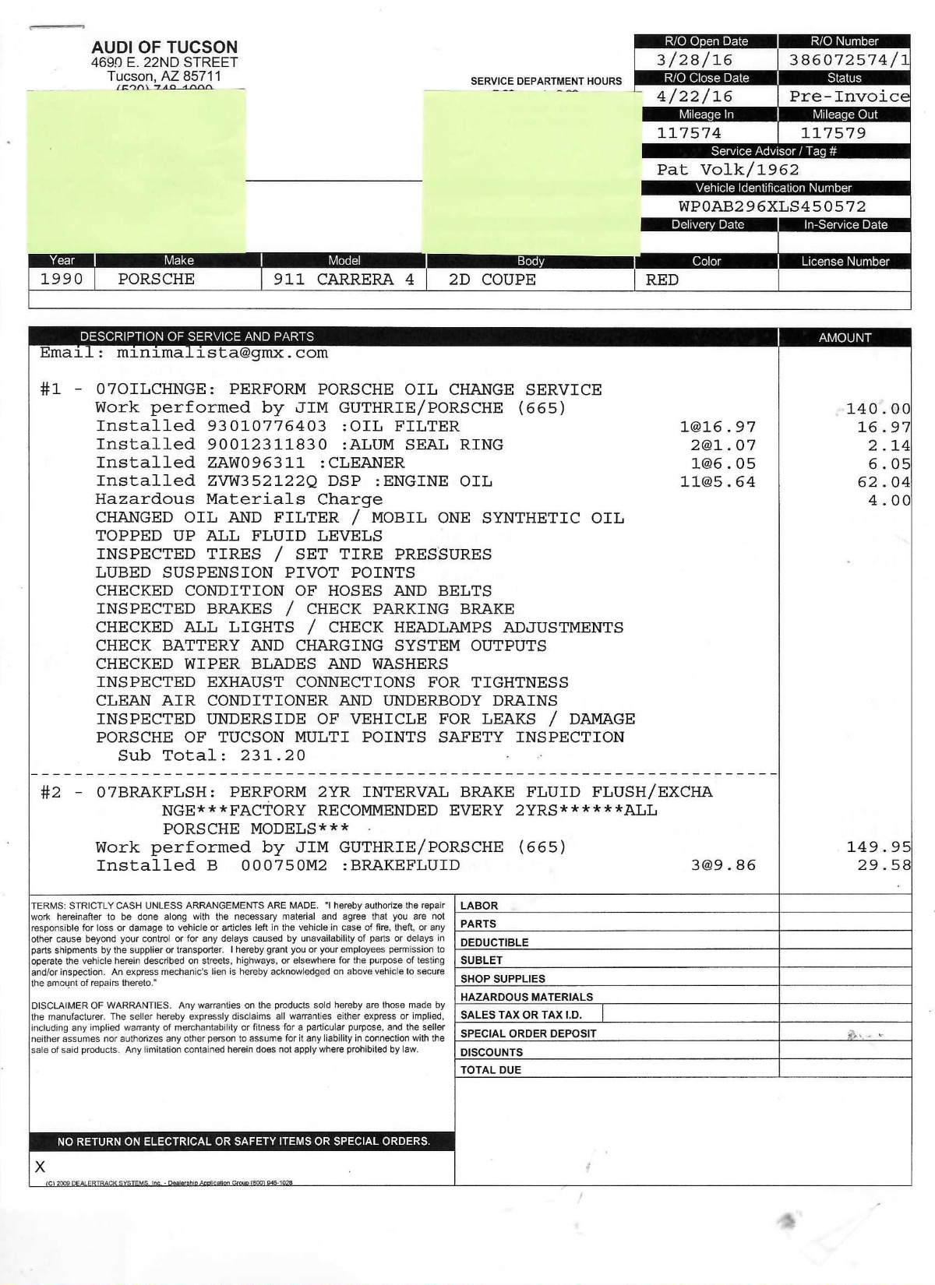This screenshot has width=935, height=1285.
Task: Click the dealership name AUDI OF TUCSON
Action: (164, 47)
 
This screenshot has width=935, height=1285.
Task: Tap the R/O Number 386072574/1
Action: (849, 60)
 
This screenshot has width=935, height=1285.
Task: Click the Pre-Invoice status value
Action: (849, 97)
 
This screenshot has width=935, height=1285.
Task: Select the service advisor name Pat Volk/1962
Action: (728, 170)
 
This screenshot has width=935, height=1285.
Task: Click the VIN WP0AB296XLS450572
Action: (772, 206)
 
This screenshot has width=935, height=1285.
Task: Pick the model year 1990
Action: (62, 280)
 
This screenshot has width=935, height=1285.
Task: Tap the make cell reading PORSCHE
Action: (156, 280)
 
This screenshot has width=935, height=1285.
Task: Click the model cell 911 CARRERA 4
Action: (344, 280)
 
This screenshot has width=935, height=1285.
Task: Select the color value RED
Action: (662, 280)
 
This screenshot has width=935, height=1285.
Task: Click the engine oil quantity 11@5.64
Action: (718, 482)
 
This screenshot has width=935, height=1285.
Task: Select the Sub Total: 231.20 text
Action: (211, 755)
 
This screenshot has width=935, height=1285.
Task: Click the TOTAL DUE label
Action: (491, 1070)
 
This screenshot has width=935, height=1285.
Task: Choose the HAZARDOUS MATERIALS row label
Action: (527, 997)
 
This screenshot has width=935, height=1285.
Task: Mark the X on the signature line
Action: (41, 1167)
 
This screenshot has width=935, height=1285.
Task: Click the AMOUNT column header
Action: (845, 337)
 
